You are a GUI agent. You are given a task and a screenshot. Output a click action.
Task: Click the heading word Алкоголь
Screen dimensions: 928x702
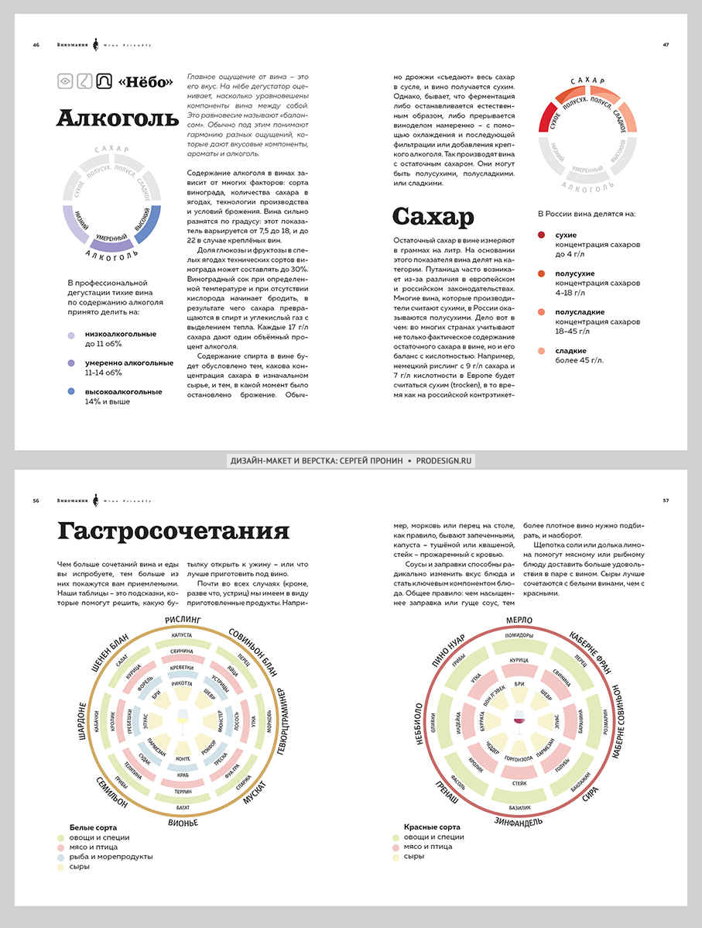click(117, 119)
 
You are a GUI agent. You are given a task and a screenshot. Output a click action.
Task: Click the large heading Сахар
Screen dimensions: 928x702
click(433, 216)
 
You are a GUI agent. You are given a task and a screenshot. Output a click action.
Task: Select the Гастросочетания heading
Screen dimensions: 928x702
click(173, 531)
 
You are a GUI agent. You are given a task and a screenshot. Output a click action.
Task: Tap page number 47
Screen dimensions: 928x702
click(666, 45)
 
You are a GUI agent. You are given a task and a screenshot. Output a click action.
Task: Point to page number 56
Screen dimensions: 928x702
click(36, 500)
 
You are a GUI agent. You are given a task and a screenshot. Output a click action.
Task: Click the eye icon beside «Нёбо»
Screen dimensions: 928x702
click(66, 81)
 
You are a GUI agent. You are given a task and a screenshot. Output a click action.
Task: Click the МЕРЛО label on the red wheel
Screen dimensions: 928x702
click(518, 620)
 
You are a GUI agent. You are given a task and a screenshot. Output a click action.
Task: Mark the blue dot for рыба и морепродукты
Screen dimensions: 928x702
click(60, 857)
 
